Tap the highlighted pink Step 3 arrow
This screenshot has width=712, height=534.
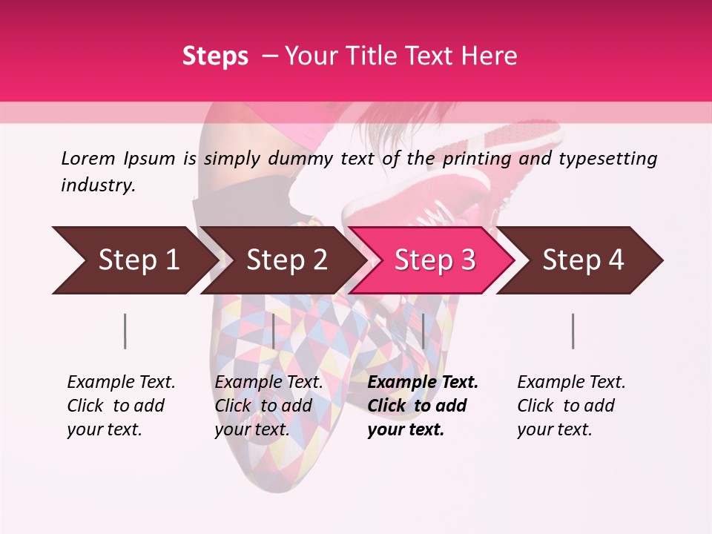pyautogui.click(x=435, y=260)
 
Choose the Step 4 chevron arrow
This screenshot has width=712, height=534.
pyautogui.click(x=583, y=260)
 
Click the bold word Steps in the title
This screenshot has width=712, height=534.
pyautogui.click(x=215, y=56)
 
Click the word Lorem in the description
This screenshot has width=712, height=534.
pyautogui.click(x=88, y=158)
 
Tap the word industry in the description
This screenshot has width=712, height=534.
pyautogui.click(x=98, y=185)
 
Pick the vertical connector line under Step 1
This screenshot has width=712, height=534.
pyautogui.click(x=125, y=331)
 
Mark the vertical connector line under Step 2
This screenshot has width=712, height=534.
pyautogui.click(x=274, y=331)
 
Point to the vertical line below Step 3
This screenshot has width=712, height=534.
pyautogui.click(x=423, y=331)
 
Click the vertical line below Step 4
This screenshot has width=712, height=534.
pyautogui.click(x=573, y=331)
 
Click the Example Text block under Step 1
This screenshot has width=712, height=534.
pyautogui.click(x=121, y=406)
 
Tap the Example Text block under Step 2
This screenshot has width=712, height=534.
pyautogui.click(x=268, y=406)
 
